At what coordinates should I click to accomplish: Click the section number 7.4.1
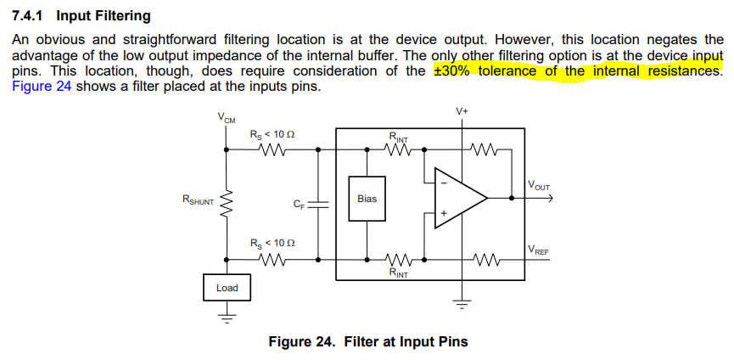tap(30, 16)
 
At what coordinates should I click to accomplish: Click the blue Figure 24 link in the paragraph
tap(40, 86)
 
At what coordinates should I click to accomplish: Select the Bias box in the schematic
tap(367, 199)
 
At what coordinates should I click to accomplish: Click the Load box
tap(227, 288)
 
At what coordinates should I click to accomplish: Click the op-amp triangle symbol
tap(458, 197)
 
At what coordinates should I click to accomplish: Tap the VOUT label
tap(538, 185)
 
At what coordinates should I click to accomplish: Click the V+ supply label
tap(462, 111)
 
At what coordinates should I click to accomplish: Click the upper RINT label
tap(398, 137)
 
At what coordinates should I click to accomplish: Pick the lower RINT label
tap(397, 273)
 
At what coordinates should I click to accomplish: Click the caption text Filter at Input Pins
tap(406, 341)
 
